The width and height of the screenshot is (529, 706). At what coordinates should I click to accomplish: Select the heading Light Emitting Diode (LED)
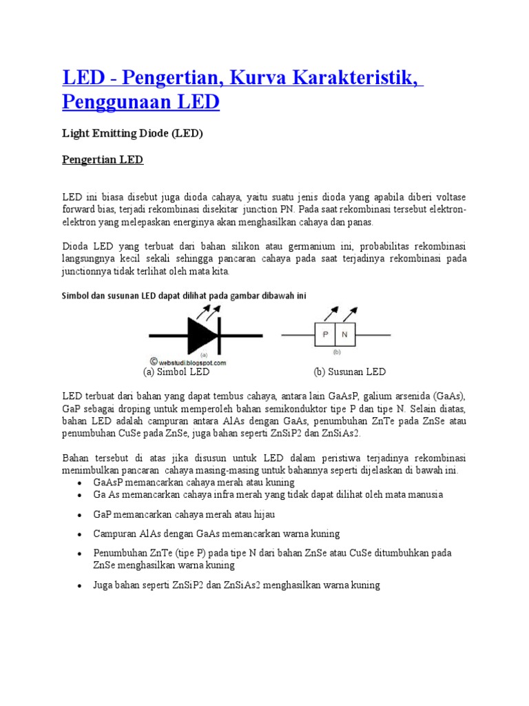132,134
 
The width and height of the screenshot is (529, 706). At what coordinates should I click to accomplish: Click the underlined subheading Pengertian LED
103,160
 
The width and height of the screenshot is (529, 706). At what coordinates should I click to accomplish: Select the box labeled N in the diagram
345,336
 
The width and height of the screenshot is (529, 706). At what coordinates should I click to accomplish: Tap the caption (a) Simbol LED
176,372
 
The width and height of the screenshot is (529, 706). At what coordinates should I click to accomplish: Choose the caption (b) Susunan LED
350,372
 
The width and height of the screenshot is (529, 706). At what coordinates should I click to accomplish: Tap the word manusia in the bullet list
424,494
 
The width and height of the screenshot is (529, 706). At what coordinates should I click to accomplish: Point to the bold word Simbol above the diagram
76,295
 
